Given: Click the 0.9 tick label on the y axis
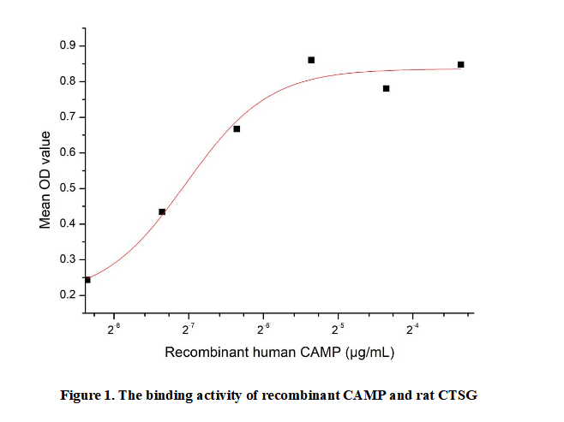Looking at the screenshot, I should click(x=67, y=45).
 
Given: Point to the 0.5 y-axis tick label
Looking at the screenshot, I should click(x=67, y=187).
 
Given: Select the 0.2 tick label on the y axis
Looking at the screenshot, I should click(x=67, y=294).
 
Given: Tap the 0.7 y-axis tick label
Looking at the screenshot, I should click(x=67, y=116).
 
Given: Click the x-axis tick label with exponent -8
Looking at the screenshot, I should click(x=114, y=326).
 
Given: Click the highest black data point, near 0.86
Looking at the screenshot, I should click(x=311, y=60).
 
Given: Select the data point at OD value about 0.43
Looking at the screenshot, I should click(x=162, y=211).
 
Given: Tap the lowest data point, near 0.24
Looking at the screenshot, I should click(x=87, y=280).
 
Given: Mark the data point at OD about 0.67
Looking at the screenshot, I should click(x=237, y=128).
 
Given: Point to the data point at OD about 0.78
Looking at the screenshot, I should click(x=386, y=88).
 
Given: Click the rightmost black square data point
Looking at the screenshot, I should click(x=460, y=64).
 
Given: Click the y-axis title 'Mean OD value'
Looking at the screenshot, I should click(x=45, y=180).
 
